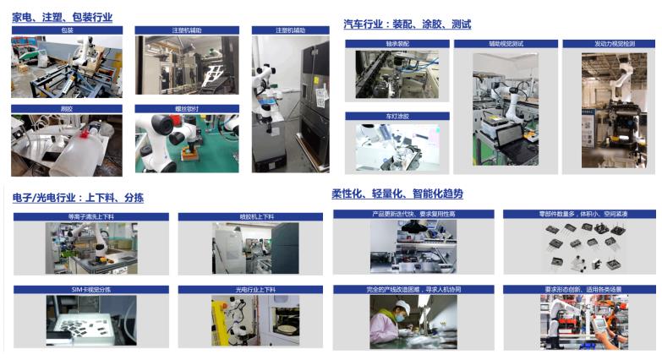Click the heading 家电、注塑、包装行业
click(x=62, y=17)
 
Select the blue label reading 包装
click(x=67, y=30)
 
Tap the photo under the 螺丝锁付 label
click(x=187, y=143)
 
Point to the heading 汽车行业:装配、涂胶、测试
click(x=407, y=25)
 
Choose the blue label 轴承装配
click(x=397, y=43)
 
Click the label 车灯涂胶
click(x=397, y=117)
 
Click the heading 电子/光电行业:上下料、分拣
click(x=78, y=198)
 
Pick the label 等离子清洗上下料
click(x=90, y=217)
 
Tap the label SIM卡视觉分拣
click(x=90, y=290)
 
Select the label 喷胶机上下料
click(x=249, y=217)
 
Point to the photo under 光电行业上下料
click(x=249, y=322)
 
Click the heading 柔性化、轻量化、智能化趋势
click(x=397, y=194)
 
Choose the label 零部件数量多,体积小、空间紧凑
click(x=578, y=215)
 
